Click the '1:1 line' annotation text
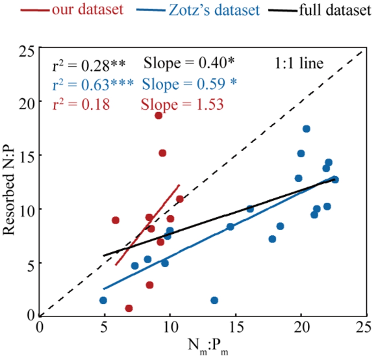click(x=299, y=63)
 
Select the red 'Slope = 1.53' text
click(x=182, y=104)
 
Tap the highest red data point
click(x=158, y=116)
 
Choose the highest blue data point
click(x=306, y=129)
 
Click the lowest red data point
click(x=129, y=308)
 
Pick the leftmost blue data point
click(x=103, y=300)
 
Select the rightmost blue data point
click(x=335, y=180)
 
